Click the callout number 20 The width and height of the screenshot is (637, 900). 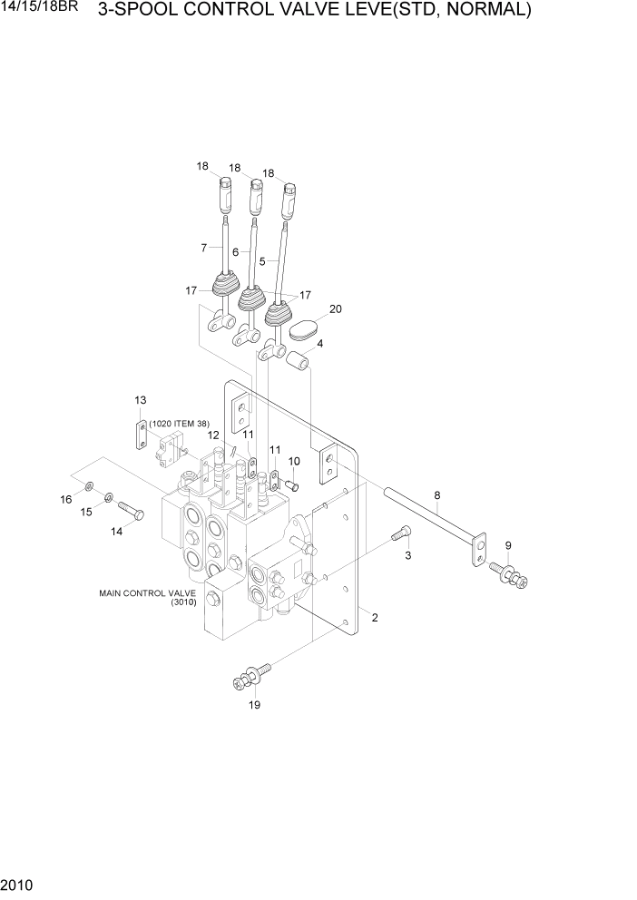click(x=335, y=309)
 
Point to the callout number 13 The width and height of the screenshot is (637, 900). click(x=140, y=400)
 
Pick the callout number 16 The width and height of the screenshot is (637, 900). click(x=66, y=500)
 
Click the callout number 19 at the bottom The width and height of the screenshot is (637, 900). click(x=255, y=705)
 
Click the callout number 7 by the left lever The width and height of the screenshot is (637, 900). click(x=203, y=247)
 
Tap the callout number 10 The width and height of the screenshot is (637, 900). click(x=294, y=461)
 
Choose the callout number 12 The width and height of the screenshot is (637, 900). click(x=213, y=435)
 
